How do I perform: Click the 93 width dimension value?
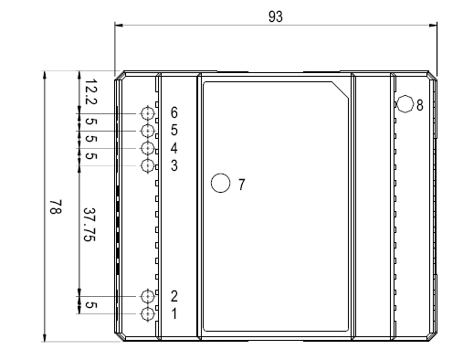point(276,16)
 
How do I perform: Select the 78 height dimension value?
point(56,207)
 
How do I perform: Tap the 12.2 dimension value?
point(90,91)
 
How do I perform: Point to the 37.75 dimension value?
point(89,225)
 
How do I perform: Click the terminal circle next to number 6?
point(148,113)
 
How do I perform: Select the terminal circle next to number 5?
point(148,131)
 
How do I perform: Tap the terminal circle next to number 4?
point(148,148)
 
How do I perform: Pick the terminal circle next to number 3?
point(148,165)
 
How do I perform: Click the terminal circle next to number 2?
point(148,296)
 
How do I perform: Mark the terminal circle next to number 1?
point(148,313)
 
